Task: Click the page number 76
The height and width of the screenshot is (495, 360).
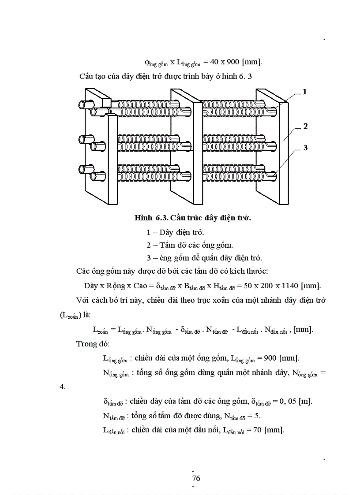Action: [x=196, y=478]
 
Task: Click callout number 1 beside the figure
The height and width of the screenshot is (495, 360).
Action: [x=304, y=92]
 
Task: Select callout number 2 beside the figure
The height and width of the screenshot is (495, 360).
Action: [x=305, y=126]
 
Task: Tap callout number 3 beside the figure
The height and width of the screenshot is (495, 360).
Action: [x=305, y=148]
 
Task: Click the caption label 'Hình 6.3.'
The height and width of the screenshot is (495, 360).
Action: [x=151, y=218]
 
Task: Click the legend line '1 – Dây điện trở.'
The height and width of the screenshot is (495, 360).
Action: [x=175, y=232]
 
